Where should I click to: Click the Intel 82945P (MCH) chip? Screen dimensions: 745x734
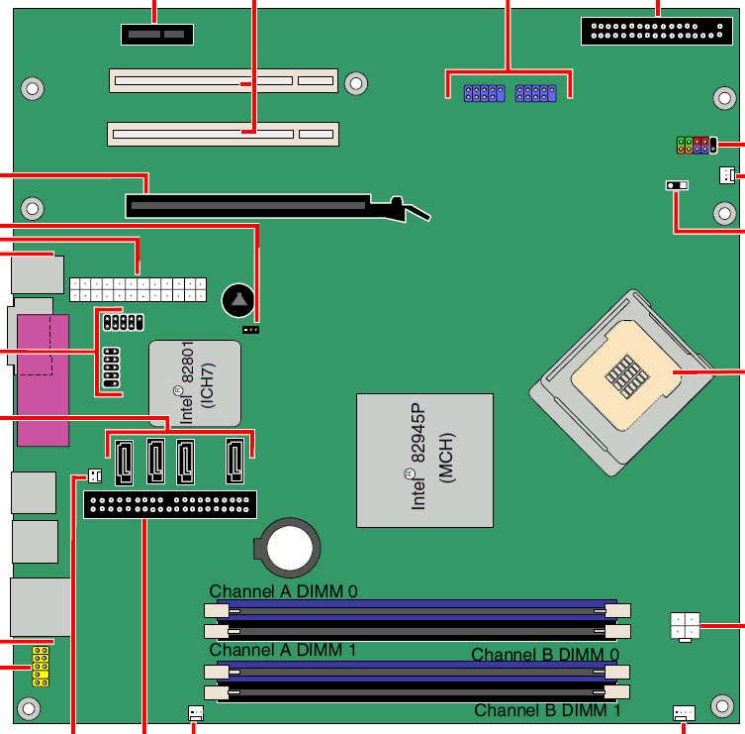click(424, 460)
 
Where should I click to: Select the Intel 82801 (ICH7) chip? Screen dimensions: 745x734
click(195, 383)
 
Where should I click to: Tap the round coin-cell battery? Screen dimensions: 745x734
click(288, 548)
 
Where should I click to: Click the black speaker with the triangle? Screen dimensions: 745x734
click(238, 300)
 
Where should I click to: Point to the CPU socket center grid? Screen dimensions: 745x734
click(626, 376)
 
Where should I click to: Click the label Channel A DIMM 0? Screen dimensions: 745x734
click(283, 591)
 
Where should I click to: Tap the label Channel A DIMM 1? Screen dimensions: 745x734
click(283, 650)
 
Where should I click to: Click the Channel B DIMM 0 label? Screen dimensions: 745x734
click(545, 655)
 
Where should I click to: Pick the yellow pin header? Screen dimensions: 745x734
click(41, 666)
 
